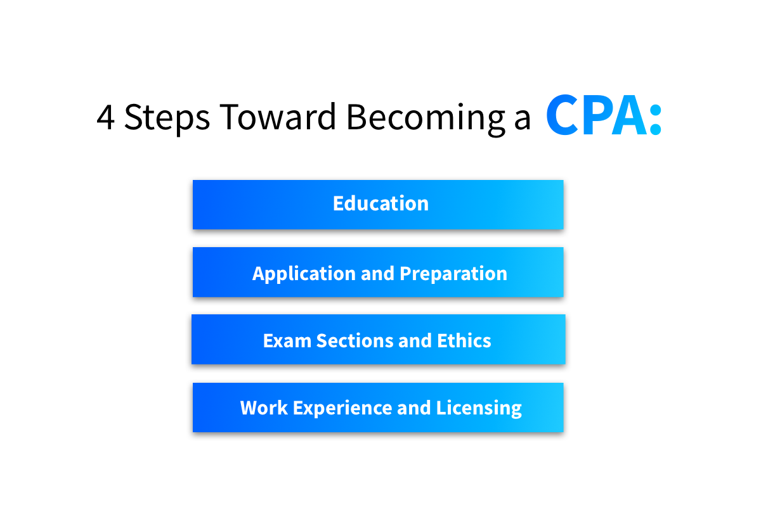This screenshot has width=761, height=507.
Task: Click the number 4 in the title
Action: [106, 117]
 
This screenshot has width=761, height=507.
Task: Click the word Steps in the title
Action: [167, 117]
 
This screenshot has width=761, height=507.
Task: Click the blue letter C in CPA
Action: [563, 116]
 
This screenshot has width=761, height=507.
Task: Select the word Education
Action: [380, 203]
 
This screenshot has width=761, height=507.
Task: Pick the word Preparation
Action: [453, 274]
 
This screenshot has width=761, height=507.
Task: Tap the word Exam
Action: [287, 341]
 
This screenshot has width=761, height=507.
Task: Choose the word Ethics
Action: [464, 341]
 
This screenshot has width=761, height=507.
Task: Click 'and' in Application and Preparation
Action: [377, 274]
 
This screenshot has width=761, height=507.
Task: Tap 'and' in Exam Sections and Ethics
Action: [415, 341]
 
